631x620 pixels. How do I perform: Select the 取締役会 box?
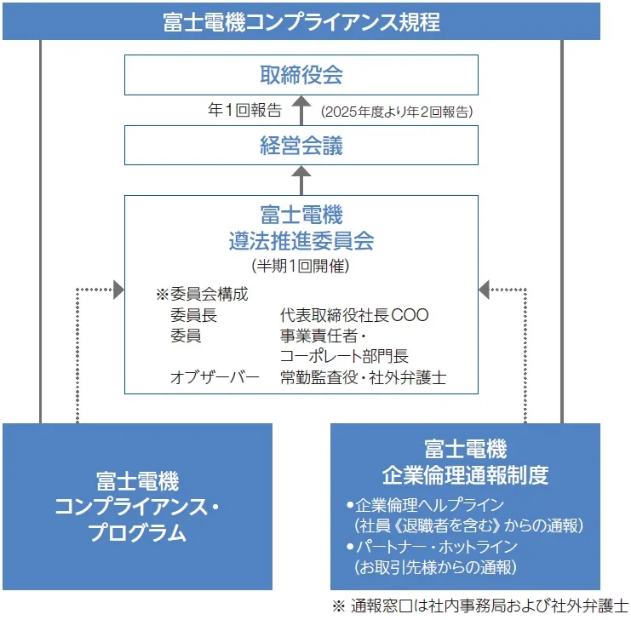301,74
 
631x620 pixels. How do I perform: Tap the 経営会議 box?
301,145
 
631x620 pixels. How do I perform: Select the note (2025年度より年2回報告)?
397,112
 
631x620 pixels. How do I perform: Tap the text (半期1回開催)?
301,266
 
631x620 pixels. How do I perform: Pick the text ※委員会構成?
202,295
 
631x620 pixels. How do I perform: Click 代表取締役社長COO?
354,315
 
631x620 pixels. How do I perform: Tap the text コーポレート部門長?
344,356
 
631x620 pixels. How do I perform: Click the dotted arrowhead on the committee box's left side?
118,291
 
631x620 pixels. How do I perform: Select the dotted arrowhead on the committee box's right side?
485,291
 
